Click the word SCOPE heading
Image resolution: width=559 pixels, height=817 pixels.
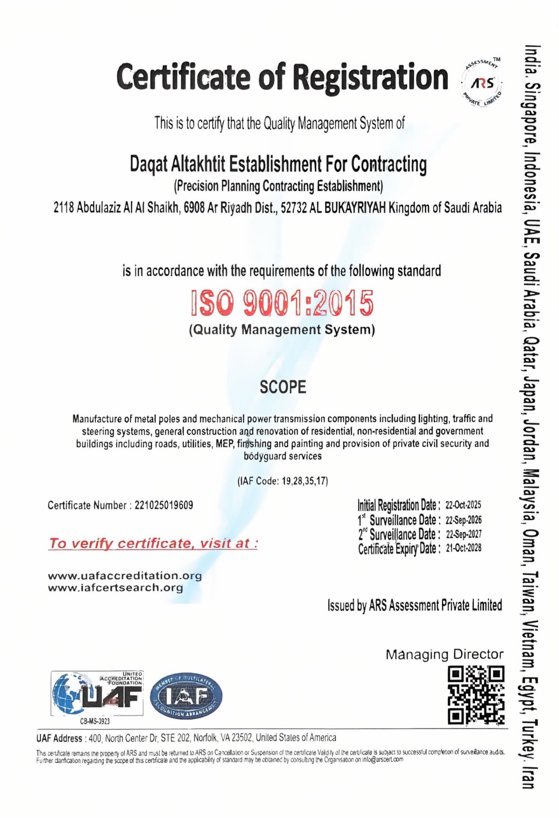tap(283, 387)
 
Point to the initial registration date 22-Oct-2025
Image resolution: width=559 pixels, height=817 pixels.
tap(463, 505)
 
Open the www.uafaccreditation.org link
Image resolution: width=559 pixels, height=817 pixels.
tap(125, 576)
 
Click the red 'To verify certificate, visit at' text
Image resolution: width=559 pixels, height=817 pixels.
tap(153, 544)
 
